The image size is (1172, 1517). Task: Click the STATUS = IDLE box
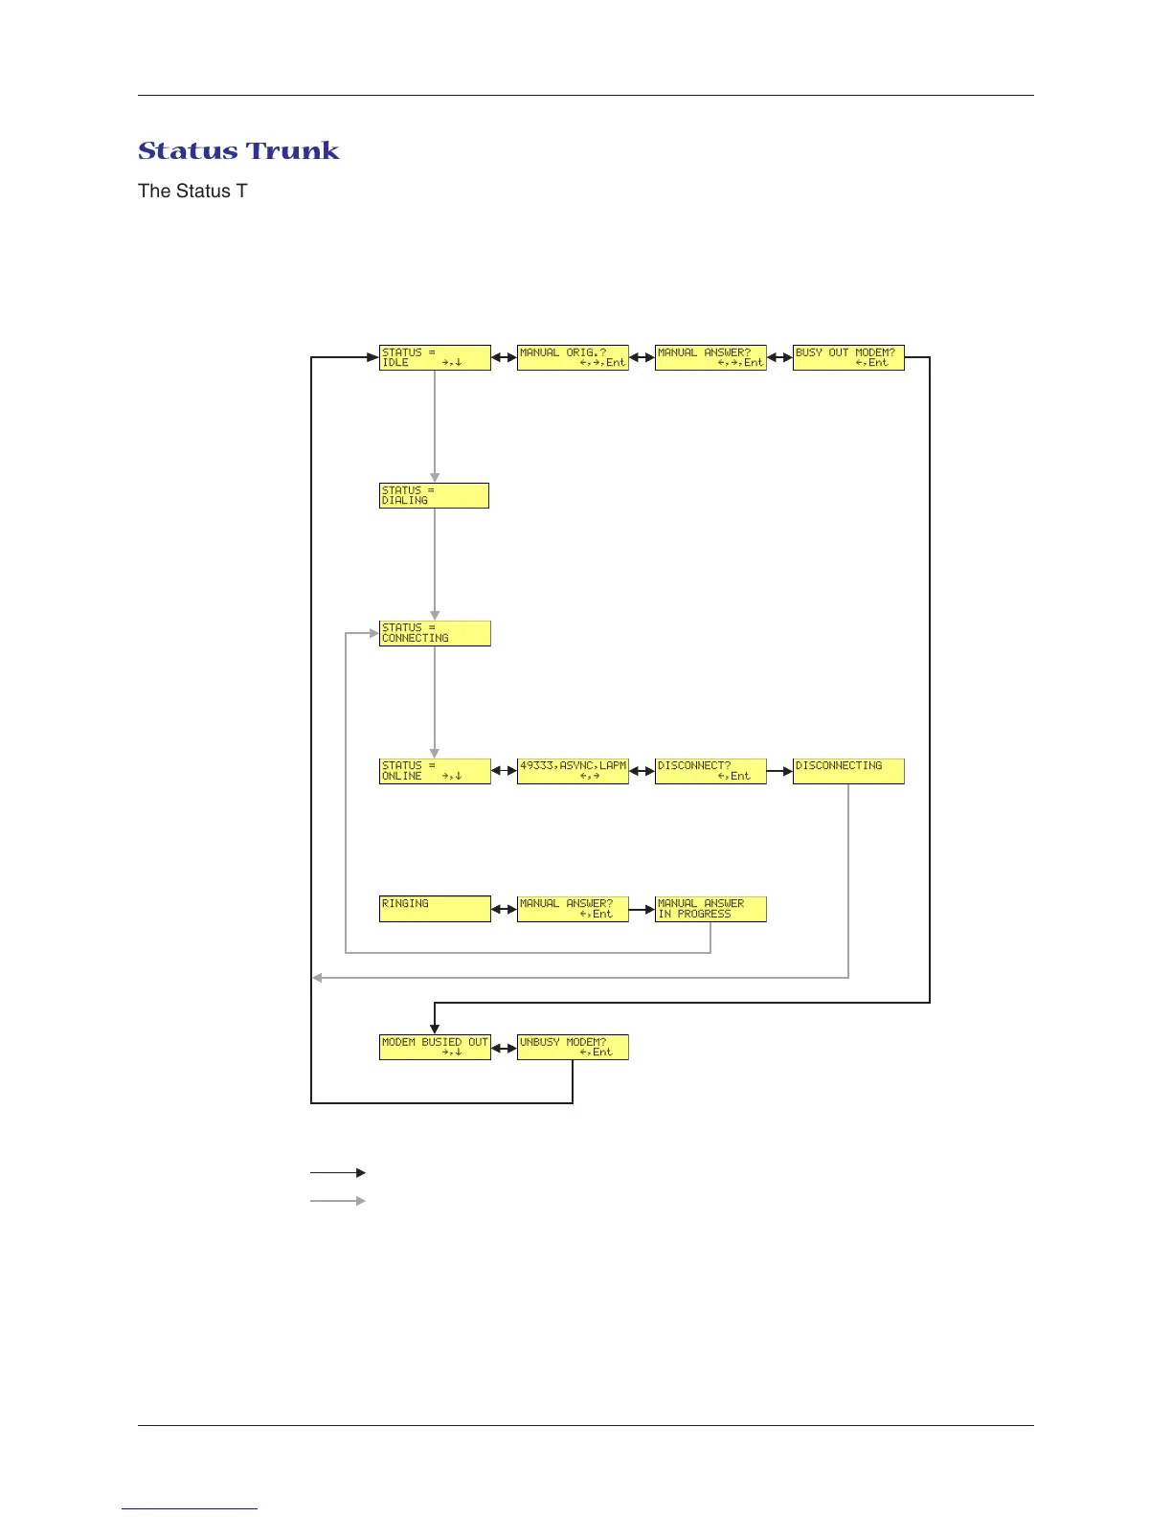pos(435,357)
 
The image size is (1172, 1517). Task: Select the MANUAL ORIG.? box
pos(573,357)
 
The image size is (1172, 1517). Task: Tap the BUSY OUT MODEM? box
pos(848,357)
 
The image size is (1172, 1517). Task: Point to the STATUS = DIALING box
pos(434,495)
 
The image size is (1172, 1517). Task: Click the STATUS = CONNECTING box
pos(435,633)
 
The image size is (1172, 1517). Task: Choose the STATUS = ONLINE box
pos(435,771)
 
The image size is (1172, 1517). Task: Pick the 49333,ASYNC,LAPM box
pos(573,771)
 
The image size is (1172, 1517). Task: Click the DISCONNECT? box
pos(710,771)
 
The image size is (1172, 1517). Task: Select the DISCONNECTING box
pos(848,771)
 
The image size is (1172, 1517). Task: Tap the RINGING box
pos(435,909)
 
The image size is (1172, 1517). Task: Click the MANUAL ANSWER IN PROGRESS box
pos(710,909)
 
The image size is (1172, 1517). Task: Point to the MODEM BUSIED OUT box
pos(435,1047)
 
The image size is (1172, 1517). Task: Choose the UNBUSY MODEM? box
pos(573,1047)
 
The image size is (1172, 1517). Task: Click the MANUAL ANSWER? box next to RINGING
pos(573,909)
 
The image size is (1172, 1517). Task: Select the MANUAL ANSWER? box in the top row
pos(710,357)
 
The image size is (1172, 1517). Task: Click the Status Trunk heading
pos(238,151)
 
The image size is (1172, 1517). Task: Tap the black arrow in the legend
pos(337,1172)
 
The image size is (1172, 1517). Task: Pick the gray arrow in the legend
pos(337,1201)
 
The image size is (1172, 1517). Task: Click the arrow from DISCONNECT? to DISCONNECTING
pos(779,771)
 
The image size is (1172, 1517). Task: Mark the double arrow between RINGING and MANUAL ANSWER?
pos(504,909)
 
